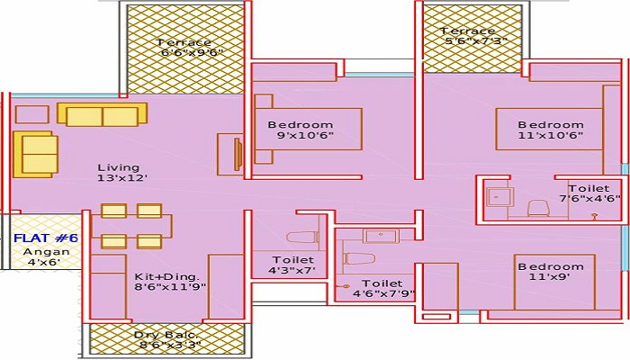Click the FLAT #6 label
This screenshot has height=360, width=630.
(45, 238)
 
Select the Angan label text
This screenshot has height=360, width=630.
(46, 252)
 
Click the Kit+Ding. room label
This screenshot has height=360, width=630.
(166, 277)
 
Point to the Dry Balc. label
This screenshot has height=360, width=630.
(166, 335)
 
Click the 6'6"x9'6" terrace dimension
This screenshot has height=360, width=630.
(192, 52)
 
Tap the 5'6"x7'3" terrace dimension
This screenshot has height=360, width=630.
(476, 41)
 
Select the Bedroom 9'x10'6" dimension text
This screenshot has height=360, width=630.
(305, 135)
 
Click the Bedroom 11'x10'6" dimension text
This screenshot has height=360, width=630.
(550, 135)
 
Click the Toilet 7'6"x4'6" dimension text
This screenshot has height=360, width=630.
(589, 199)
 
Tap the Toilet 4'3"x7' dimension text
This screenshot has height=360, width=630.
(292, 270)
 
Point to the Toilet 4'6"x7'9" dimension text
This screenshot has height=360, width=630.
(383, 293)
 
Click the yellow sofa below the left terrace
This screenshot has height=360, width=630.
(102, 115)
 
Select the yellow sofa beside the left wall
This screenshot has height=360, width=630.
(35, 154)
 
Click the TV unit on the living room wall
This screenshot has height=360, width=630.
(238, 155)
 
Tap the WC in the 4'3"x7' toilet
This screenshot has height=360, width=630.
(303, 237)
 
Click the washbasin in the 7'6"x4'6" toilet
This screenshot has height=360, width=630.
(499, 197)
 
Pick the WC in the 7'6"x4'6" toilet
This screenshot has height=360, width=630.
(538, 209)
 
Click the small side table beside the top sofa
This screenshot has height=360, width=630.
(32, 114)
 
